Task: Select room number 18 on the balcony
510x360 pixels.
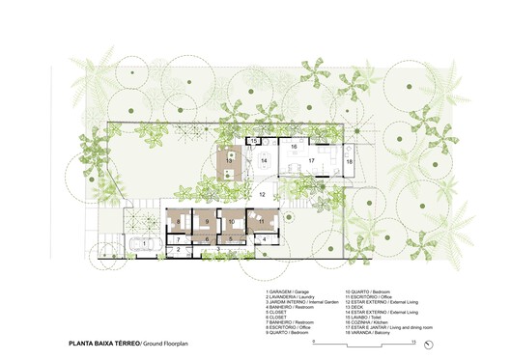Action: click(350, 162)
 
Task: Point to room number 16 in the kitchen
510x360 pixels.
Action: click(294, 147)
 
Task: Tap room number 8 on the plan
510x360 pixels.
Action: click(178, 223)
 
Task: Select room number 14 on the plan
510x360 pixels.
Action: click(265, 162)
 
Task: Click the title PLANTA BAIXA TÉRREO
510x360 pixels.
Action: click(103, 342)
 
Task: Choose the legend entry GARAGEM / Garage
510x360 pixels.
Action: click(288, 291)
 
